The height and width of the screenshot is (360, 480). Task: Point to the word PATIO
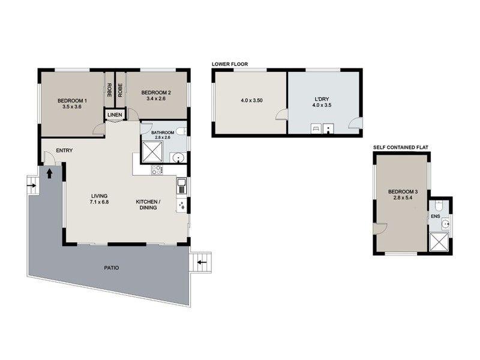109,268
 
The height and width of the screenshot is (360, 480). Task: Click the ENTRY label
64,150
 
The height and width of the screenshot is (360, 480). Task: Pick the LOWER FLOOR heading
229,64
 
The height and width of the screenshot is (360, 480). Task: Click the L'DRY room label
323,98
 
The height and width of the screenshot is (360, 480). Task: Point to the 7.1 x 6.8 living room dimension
99,203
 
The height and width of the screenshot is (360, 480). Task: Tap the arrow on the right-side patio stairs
202,262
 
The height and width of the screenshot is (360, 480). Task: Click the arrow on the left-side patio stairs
31,185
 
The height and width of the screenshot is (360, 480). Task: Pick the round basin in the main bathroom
176,158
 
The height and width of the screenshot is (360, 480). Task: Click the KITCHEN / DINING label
146,205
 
